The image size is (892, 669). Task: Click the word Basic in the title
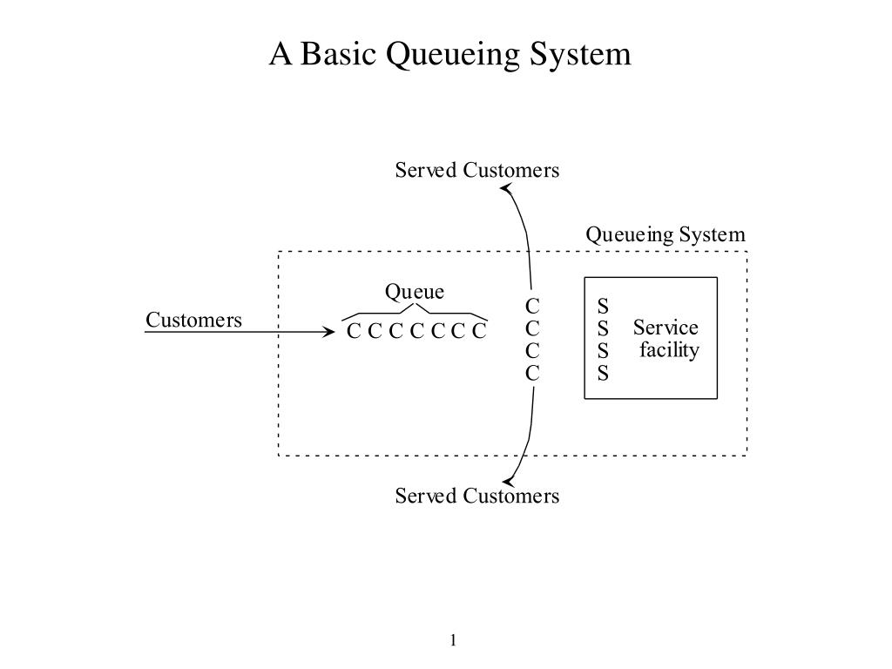[x=338, y=54]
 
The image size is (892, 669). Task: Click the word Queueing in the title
[x=453, y=55]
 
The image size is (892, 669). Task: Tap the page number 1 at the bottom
[x=453, y=640]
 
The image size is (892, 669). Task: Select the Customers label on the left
[x=194, y=320]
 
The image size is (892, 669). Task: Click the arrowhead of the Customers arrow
[x=329, y=332]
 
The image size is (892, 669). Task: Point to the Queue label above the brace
[x=415, y=292]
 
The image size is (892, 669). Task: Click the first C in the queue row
[x=354, y=331]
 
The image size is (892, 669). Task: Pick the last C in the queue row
[x=480, y=331]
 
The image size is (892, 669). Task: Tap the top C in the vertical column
[x=532, y=307]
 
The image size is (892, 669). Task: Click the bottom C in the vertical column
[x=532, y=374]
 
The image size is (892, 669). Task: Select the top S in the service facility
[x=603, y=307]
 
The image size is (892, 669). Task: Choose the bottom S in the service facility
[x=603, y=374]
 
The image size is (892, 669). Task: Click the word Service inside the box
[x=666, y=328]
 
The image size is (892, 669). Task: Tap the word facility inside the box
[x=669, y=350]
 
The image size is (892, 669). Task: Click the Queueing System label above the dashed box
[x=666, y=235]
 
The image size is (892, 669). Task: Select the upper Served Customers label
[x=477, y=170]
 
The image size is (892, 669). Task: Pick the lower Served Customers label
[x=477, y=496]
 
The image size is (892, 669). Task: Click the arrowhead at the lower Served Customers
[x=508, y=481]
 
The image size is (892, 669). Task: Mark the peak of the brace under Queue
[x=416, y=304]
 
